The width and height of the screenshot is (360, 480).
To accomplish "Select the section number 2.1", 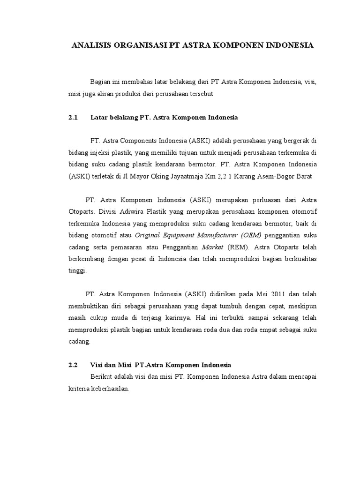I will (72, 118).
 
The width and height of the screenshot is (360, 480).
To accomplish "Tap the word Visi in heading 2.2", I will (96, 364).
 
